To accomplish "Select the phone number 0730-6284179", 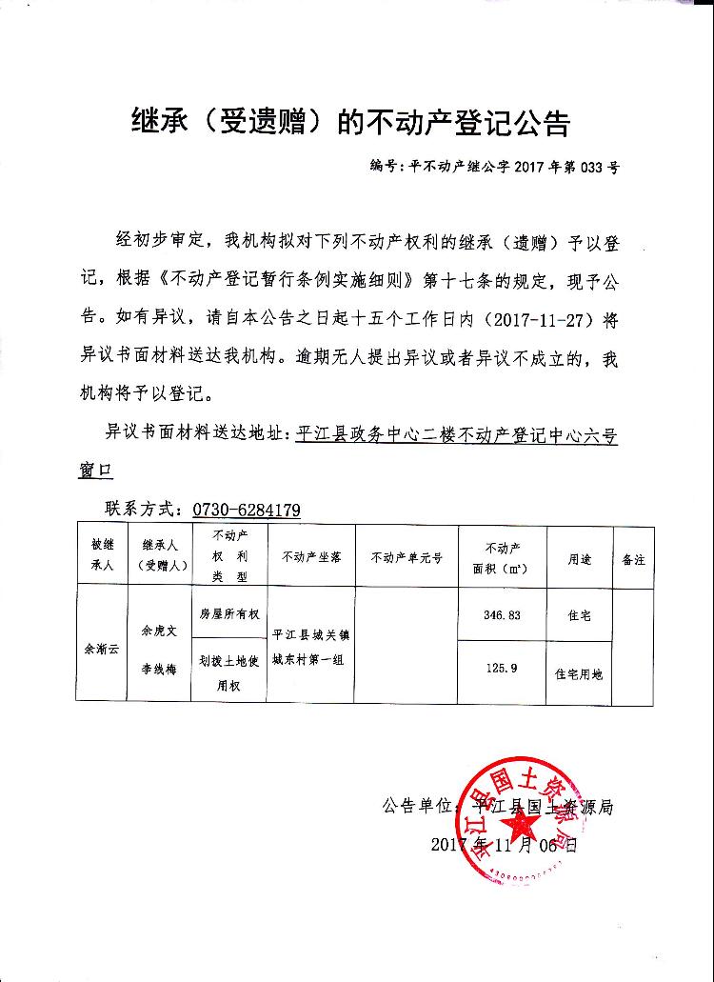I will coord(247,510).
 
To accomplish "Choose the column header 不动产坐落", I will coord(311,558).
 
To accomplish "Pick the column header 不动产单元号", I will coord(407,558).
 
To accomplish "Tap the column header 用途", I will coord(580,558).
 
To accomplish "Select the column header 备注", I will coord(633,558).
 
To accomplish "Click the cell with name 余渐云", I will coord(103,648).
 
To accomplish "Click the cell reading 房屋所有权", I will coord(228,614).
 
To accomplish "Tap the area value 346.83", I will coord(502,615).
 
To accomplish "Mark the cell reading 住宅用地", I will coord(579,673).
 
